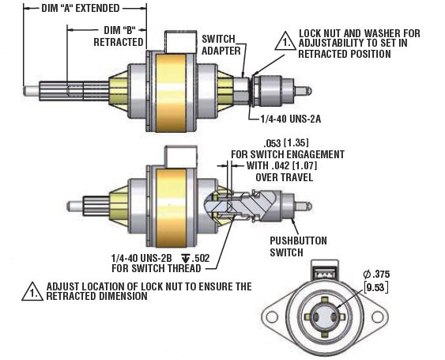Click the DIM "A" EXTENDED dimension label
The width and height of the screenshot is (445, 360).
pos(82,9)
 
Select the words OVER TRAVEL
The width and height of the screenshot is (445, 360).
pos(287,178)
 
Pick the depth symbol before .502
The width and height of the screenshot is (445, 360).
pos(186,258)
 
